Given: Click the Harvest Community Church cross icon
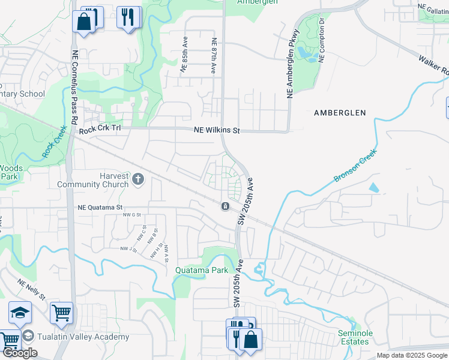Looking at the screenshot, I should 138,178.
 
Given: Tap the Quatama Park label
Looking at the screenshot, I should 202,270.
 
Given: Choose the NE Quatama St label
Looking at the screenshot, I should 104,207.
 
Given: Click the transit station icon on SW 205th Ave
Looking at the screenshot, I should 224,206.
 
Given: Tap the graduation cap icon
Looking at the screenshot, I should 20,313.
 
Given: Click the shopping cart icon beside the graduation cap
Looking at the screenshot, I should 61,313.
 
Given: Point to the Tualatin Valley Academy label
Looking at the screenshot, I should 83,337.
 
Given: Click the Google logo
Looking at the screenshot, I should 20,353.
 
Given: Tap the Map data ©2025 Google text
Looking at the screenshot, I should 412,355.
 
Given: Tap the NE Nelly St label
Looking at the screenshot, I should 31,289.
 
